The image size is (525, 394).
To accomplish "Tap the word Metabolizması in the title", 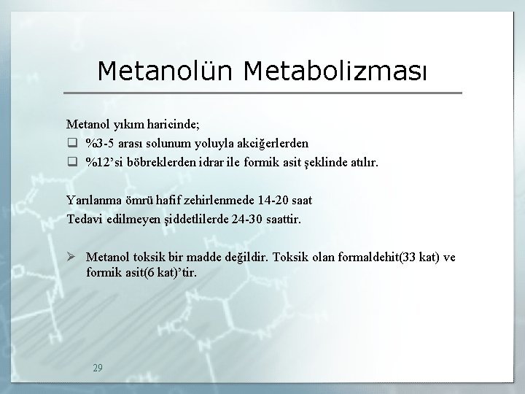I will tap(338, 71).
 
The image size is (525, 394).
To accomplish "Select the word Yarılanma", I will tap(93, 199).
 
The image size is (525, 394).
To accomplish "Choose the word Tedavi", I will tap(85, 218).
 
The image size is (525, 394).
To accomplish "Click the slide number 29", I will tap(98, 368).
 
